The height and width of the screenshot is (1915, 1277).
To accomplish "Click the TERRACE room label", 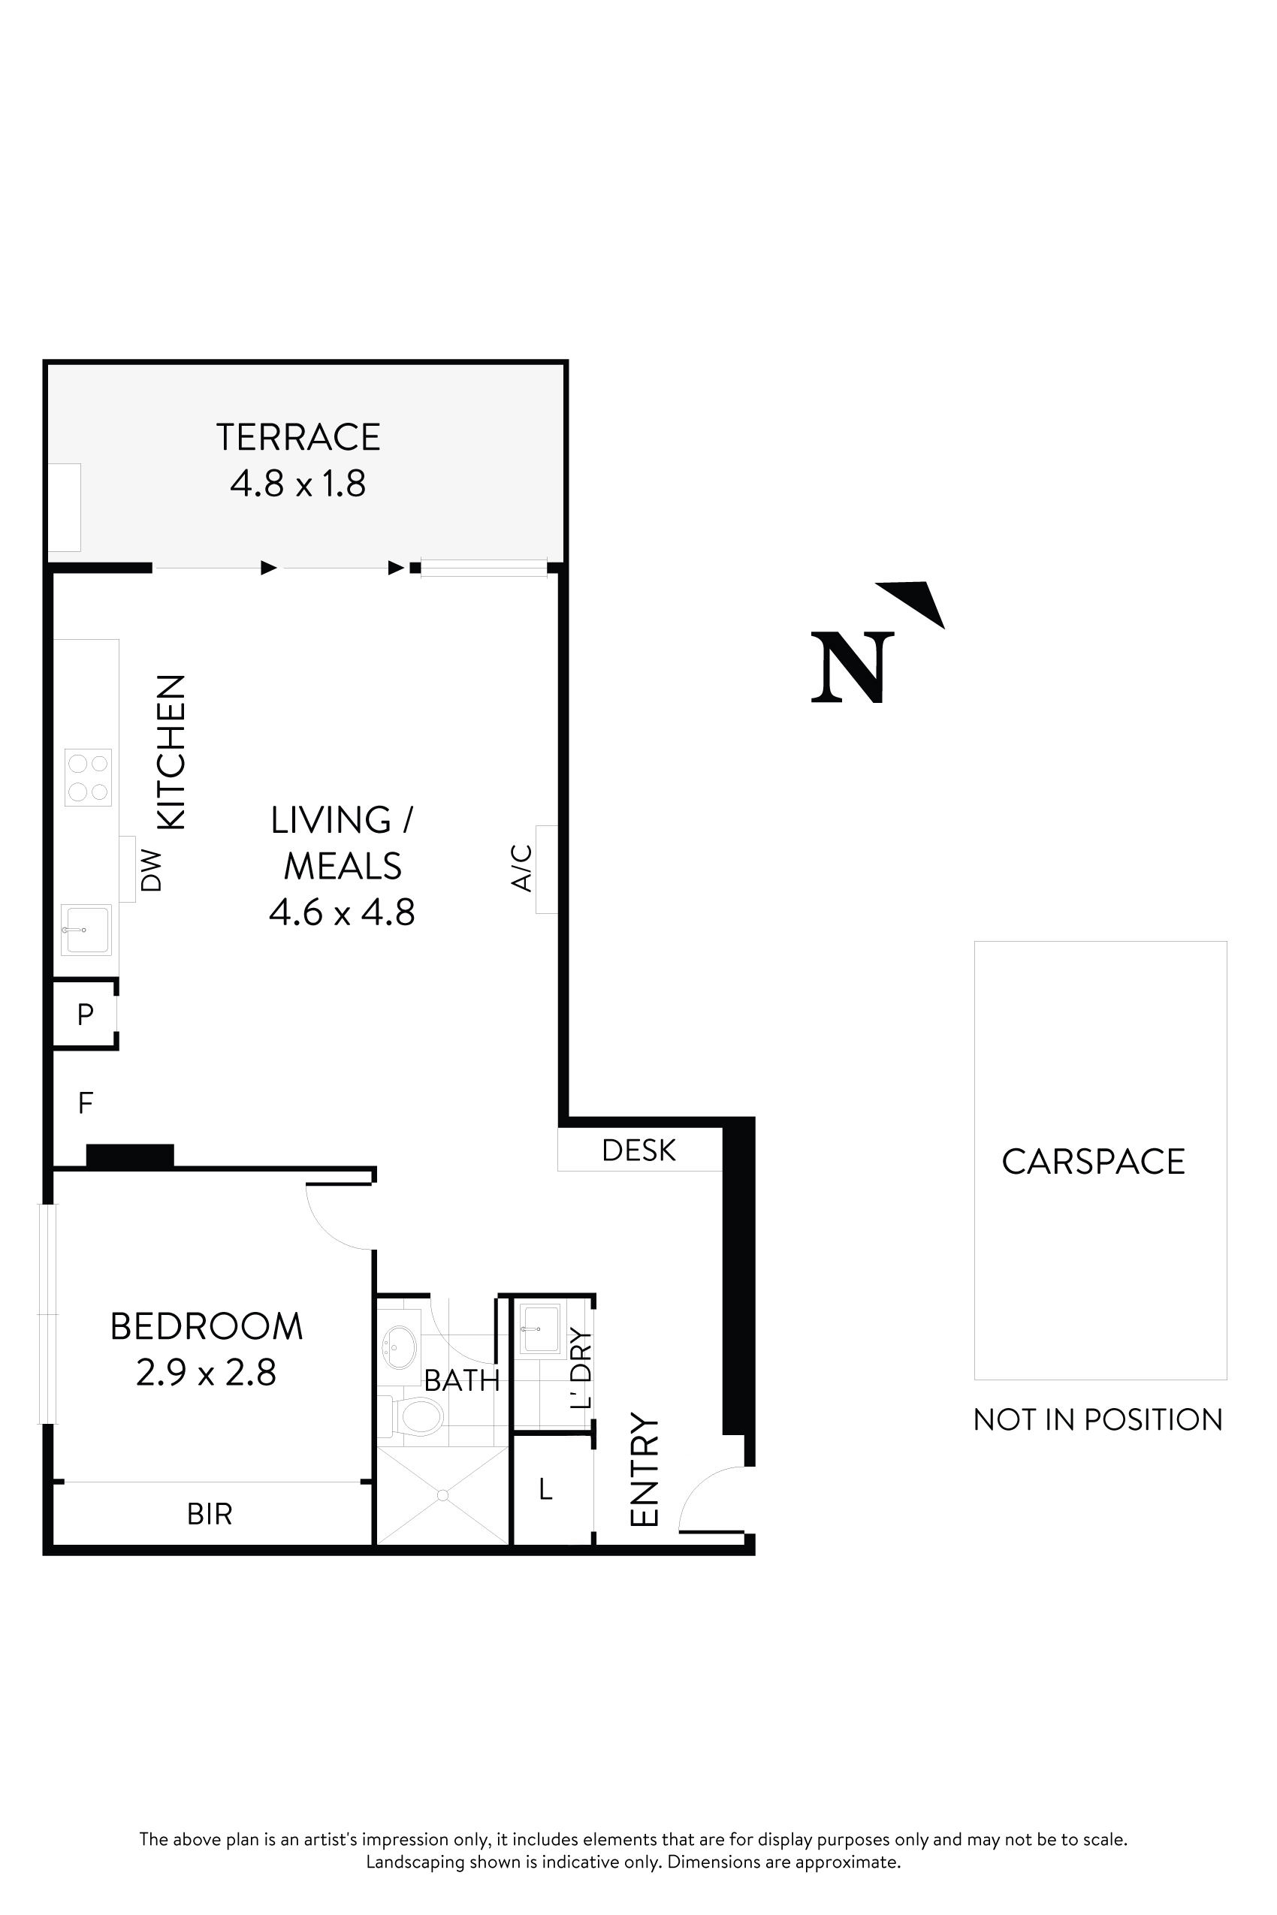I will (298, 437).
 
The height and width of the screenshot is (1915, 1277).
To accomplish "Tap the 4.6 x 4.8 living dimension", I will (342, 912).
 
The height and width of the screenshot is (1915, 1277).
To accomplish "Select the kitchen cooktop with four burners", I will (88, 777).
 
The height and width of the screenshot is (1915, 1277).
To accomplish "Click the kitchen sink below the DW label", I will (86, 930).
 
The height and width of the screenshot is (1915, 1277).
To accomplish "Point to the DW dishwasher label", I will (152, 870).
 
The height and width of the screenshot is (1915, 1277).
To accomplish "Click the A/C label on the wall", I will (521, 868).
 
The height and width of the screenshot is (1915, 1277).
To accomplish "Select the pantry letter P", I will (85, 1015).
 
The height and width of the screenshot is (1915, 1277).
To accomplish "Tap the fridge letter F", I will (85, 1103).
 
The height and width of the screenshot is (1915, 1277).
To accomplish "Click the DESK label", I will (638, 1151).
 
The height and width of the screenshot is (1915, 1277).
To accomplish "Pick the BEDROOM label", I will (206, 1326).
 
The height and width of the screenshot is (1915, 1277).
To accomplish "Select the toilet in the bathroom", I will (418, 1418).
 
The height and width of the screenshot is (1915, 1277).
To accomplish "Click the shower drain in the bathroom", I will (442, 1496).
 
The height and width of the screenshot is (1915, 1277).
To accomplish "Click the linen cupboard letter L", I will (545, 1489).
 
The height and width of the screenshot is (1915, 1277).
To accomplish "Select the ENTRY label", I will (645, 1470).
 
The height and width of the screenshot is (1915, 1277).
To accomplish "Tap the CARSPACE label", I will (1093, 1162).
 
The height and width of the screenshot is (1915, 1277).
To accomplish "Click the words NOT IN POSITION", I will (1097, 1420).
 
